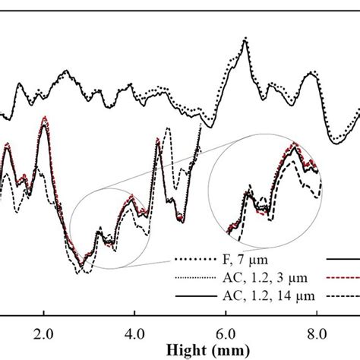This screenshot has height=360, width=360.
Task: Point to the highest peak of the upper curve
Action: pyautogui.click(x=245, y=39)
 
